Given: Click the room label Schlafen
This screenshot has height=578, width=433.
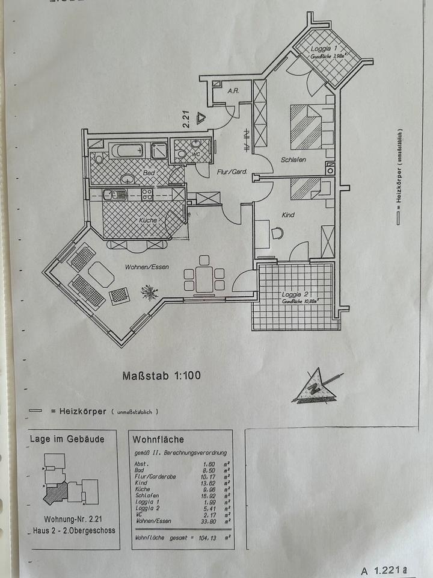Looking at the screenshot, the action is [x=293, y=160].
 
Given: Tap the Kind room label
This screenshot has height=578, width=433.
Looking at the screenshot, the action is [x=289, y=214].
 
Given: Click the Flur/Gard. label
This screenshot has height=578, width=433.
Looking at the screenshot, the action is [x=232, y=172].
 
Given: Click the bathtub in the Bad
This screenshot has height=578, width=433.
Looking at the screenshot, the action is [x=126, y=150].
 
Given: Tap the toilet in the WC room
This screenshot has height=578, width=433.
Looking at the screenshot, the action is [x=182, y=154].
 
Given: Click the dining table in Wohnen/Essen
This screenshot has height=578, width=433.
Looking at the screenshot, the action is [x=204, y=278].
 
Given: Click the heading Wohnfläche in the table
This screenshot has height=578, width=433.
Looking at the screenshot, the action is [x=158, y=440].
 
